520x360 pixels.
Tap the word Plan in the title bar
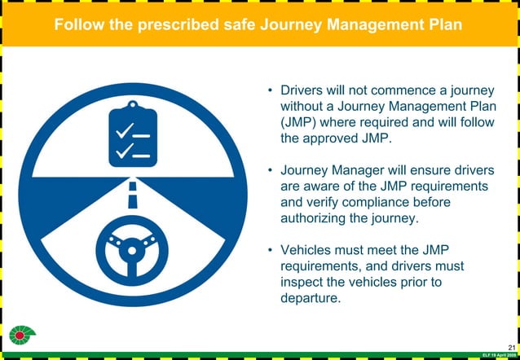pos(443,25)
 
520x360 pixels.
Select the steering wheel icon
pos(132,248)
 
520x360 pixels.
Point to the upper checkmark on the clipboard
pos(125,130)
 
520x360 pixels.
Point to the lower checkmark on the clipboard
pos(125,151)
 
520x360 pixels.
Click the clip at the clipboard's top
pos(133,106)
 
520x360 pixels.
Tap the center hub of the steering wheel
pos(132,248)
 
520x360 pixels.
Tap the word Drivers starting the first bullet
pos(302,90)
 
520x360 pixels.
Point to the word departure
pos(310,298)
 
